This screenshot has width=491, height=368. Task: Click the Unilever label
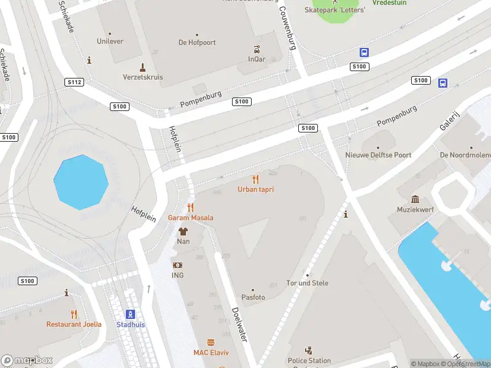click(x=110, y=42)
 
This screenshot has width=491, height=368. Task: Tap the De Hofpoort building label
click(x=196, y=43)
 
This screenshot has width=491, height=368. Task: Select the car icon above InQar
click(x=257, y=50)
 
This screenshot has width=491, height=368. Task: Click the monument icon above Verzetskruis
click(x=142, y=67)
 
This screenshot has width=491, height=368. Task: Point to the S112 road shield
click(x=74, y=82)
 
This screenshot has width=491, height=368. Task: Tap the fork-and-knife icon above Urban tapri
click(x=255, y=179)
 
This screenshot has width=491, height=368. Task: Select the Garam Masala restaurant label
click(x=191, y=218)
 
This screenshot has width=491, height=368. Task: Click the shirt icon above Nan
click(x=183, y=231)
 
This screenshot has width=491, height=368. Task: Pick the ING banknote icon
click(x=177, y=265)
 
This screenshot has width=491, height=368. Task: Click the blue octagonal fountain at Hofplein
click(x=81, y=182)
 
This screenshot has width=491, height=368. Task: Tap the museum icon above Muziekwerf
click(x=416, y=199)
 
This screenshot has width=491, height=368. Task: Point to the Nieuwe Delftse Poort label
click(x=378, y=156)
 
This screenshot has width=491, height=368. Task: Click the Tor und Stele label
click(x=307, y=283)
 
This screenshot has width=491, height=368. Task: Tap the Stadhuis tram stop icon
click(x=131, y=314)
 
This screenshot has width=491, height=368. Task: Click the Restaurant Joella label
click(x=73, y=324)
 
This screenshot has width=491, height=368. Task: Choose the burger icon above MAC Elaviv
click(x=211, y=342)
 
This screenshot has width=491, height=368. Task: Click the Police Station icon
click(x=309, y=351)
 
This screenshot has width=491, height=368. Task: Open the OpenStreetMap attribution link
click(x=465, y=364)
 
